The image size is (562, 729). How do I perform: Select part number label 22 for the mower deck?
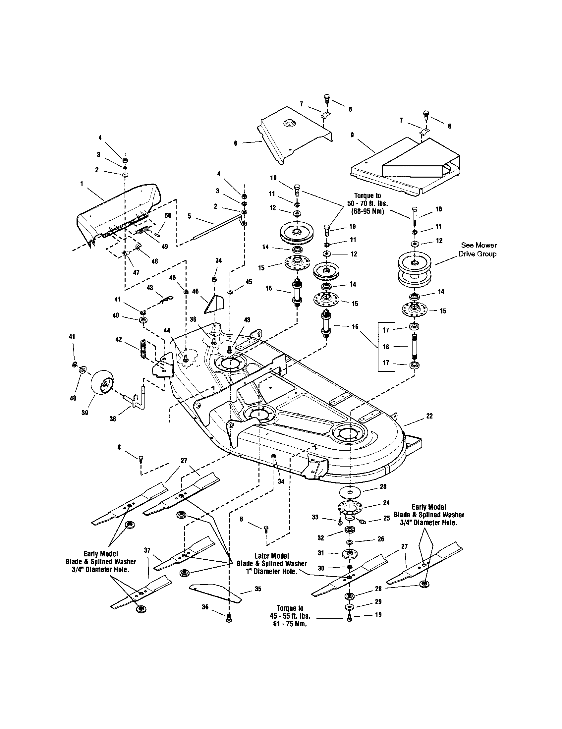click(x=429, y=416)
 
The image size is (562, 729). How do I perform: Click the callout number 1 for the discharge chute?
click(x=82, y=184)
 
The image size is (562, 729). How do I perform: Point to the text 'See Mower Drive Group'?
click(x=477, y=249)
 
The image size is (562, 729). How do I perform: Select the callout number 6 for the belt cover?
click(x=236, y=143)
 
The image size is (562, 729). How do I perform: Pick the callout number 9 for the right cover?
click(x=352, y=135)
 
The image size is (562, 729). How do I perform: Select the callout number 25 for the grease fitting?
click(x=386, y=518)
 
